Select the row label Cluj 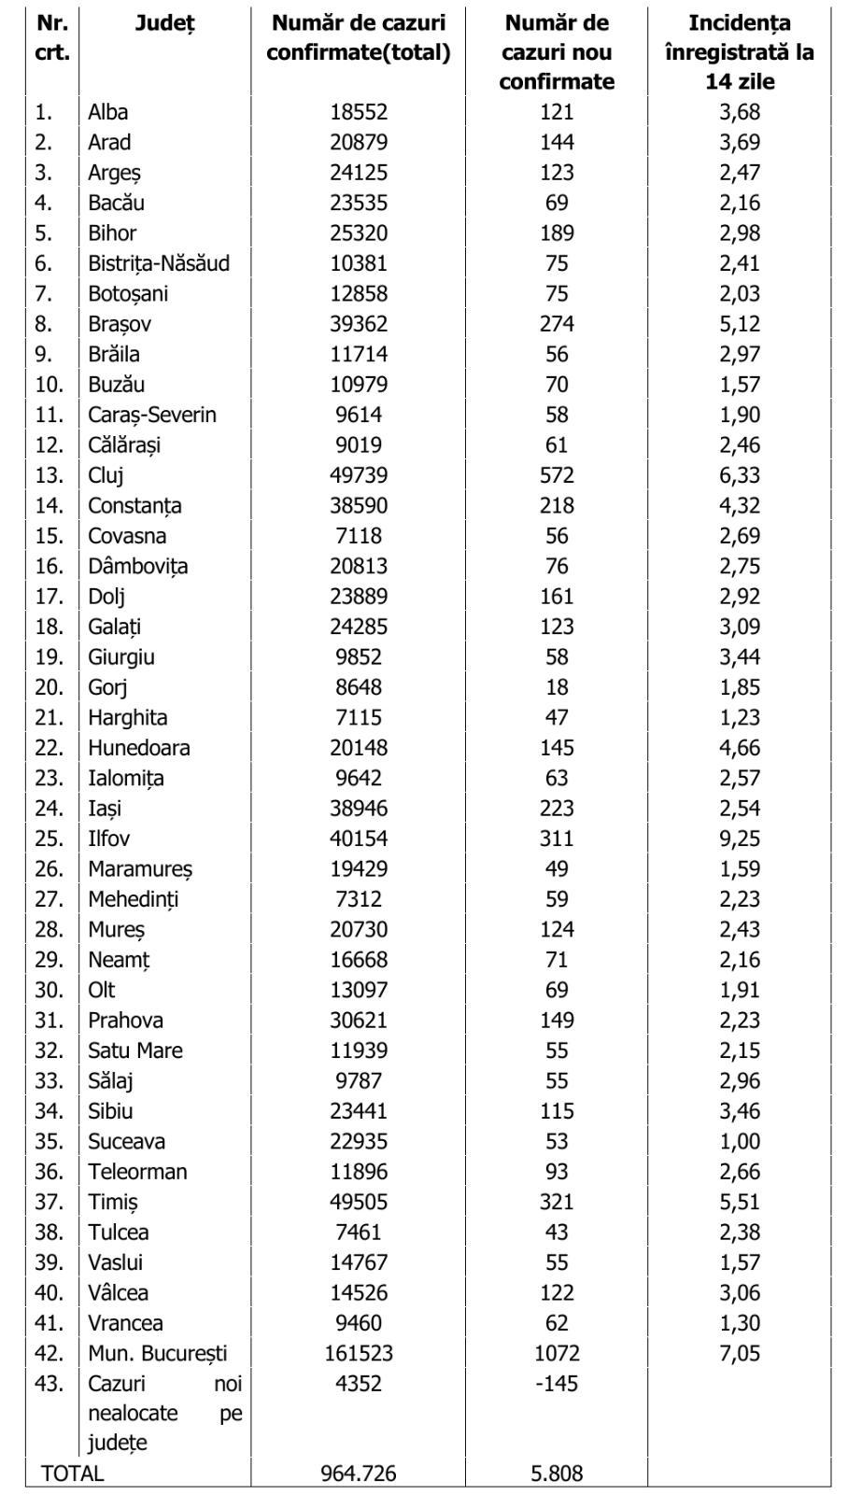click(x=106, y=475)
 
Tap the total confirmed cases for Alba click(x=358, y=112)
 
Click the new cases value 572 click(x=556, y=475)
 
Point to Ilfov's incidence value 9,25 click(x=740, y=839)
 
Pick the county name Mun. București click(x=157, y=1353)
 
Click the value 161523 click(x=358, y=1353)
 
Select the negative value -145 click(x=556, y=1383)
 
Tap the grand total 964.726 click(x=358, y=1473)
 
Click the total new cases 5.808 click(x=556, y=1473)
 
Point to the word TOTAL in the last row click(x=72, y=1473)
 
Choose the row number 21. click(x=49, y=718)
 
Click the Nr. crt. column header click(x=52, y=37)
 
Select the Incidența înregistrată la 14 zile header click(x=739, y=52)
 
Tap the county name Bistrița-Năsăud click(x=158, y=263)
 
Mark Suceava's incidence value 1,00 click(x=740, y=1141)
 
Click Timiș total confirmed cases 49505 click(x=358, y=1202)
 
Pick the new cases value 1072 click(x=556, y=1353)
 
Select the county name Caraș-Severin click(x=151, y=415)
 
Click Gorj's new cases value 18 click(x=556, y=687)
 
